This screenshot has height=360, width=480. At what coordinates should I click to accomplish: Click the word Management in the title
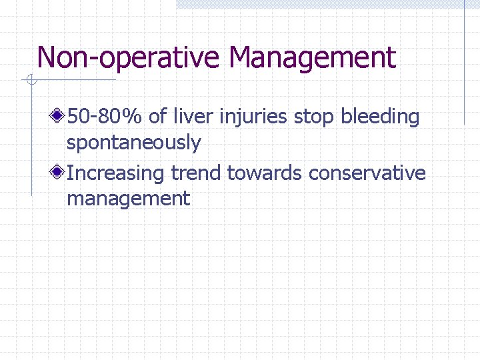(312, 58)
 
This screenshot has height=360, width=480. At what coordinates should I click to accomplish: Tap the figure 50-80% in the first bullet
(105, 117)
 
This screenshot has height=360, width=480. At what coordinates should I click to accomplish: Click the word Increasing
(116, 174)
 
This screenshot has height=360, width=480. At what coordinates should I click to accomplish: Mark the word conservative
(367, 173)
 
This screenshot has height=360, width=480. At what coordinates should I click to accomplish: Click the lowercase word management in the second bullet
(128, 199)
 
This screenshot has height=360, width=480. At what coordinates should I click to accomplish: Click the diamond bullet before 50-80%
(59, 117)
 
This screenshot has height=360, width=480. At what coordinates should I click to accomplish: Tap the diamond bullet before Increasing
(59, 173)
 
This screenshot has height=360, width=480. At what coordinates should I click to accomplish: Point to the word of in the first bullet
(157, 117)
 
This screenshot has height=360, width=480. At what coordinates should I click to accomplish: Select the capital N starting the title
(46, 58)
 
